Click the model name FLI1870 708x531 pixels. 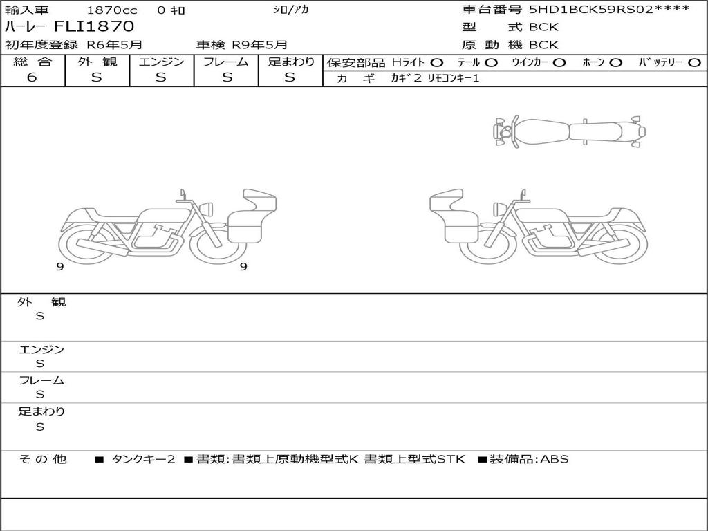94,27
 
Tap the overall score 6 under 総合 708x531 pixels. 32,77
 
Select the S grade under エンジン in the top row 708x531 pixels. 160,77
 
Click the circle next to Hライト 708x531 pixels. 437,63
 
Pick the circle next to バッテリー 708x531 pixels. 694,63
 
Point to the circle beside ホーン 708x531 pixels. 615,63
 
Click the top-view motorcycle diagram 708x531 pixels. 569,131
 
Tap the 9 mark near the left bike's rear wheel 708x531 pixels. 60,267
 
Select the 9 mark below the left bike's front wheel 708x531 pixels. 243,267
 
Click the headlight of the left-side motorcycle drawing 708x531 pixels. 207,209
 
